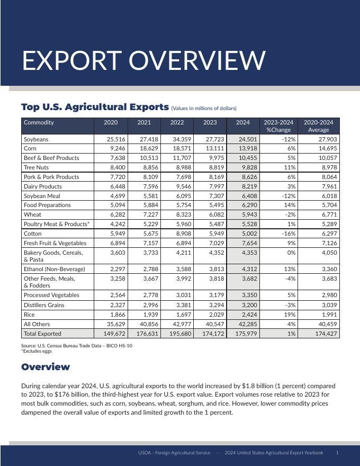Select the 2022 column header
[x=177, y=122]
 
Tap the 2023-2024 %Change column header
[x=279, y=126]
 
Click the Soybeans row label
[x=36, y=139]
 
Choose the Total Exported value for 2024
[x=245, y=334]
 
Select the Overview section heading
[x=46, y=367]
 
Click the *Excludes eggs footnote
[x=37, y=351]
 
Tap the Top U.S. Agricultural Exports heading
[x=95, y=107]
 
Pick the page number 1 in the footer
[x=337, y=453]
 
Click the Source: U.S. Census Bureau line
[x=77, y=346]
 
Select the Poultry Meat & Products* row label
[x=57, y=224]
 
